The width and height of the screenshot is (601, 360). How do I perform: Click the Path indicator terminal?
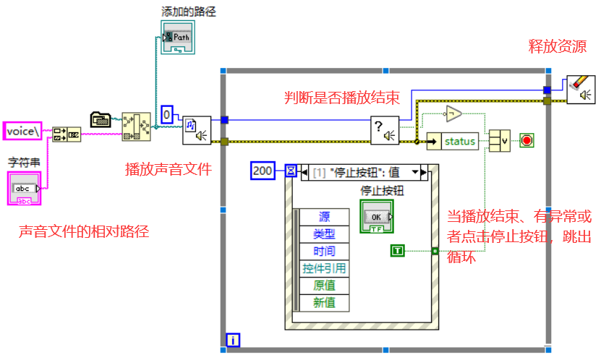point(177,38)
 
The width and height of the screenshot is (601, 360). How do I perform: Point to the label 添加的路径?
point(188,12)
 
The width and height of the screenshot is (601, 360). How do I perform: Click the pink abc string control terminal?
point(25,189)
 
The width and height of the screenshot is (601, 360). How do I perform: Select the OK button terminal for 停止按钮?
point(375,217)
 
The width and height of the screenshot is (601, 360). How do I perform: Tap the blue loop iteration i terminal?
point(233,339)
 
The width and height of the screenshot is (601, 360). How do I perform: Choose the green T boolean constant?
point(398,251)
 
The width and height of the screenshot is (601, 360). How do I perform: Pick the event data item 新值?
point(324,302)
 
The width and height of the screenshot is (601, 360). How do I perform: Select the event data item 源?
point(324,217)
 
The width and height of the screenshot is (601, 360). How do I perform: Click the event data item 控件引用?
point(324,268)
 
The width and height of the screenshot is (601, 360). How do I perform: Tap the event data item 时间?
point(324,251)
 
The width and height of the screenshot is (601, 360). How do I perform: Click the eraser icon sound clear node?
point(581,90)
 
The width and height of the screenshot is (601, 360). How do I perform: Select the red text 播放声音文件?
point(169,169)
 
